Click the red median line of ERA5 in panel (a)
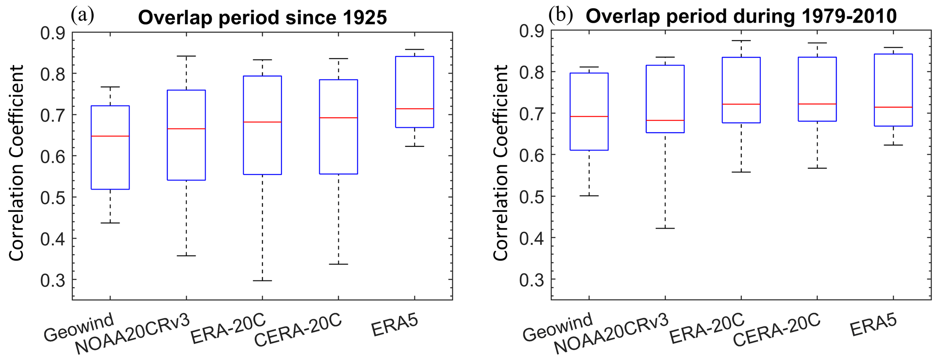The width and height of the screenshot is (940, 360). (x=414, y=109)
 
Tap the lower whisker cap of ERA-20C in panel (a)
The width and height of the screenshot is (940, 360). (x=262, y=280)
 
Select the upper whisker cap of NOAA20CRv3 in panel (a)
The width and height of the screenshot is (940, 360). (x=186, y=56)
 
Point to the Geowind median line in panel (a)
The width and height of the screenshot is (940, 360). (x=111, y=136)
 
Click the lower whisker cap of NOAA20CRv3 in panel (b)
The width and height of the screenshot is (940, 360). (x=665, y=228)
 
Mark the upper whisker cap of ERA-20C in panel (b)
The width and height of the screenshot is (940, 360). (x=741, y=40)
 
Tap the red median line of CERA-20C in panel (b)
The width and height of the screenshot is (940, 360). (x=817, y=104)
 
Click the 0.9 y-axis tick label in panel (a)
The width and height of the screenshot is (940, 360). (x=53, y=33)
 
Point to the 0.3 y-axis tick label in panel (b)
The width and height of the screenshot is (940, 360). (x=532, y=279)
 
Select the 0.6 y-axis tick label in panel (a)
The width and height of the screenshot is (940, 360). (x=53, y=156)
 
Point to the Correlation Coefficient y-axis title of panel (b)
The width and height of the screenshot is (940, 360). (x=501, y=163)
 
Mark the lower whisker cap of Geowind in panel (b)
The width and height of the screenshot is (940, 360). (x=589, y=195)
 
